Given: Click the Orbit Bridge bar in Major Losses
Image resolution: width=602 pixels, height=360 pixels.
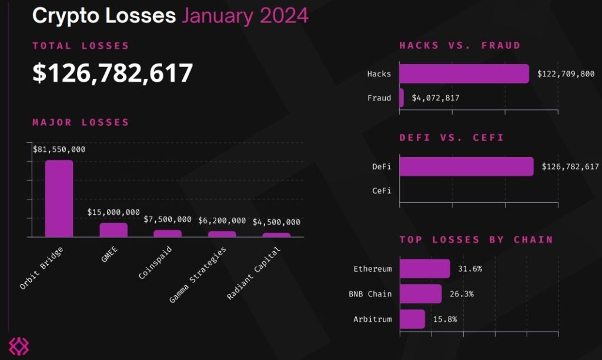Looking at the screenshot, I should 59,198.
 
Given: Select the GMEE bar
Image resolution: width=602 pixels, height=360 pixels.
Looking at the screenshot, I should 113,229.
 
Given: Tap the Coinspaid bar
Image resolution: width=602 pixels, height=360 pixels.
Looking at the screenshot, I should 168,233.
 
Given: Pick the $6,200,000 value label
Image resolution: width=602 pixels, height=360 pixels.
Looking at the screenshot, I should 222,221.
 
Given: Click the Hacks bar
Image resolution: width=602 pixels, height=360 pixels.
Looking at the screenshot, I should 464,74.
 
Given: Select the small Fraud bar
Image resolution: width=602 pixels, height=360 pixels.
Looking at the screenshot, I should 402,98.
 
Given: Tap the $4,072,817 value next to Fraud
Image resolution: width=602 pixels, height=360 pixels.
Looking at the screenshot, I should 436,98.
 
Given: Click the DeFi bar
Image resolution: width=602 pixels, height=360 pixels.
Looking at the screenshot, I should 466,166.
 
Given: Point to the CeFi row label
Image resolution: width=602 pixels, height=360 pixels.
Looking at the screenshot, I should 382,191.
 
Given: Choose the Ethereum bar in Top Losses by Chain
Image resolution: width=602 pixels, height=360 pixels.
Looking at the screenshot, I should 424,269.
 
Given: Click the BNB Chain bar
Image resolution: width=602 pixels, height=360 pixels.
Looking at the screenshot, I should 420,294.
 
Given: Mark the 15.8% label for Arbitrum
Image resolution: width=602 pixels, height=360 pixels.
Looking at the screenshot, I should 444,319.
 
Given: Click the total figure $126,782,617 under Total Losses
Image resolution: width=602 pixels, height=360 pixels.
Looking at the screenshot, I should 113,73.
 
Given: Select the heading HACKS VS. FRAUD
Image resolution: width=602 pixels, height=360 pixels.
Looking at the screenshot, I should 460,45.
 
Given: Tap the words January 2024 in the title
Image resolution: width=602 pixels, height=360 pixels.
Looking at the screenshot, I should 245,15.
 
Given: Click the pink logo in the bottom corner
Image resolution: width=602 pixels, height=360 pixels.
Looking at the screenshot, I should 18,346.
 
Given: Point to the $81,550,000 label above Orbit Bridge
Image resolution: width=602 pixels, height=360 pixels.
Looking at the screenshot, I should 59,149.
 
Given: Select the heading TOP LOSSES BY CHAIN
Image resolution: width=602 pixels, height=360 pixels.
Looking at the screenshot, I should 476,239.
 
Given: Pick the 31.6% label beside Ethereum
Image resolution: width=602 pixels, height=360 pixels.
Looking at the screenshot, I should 470,269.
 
